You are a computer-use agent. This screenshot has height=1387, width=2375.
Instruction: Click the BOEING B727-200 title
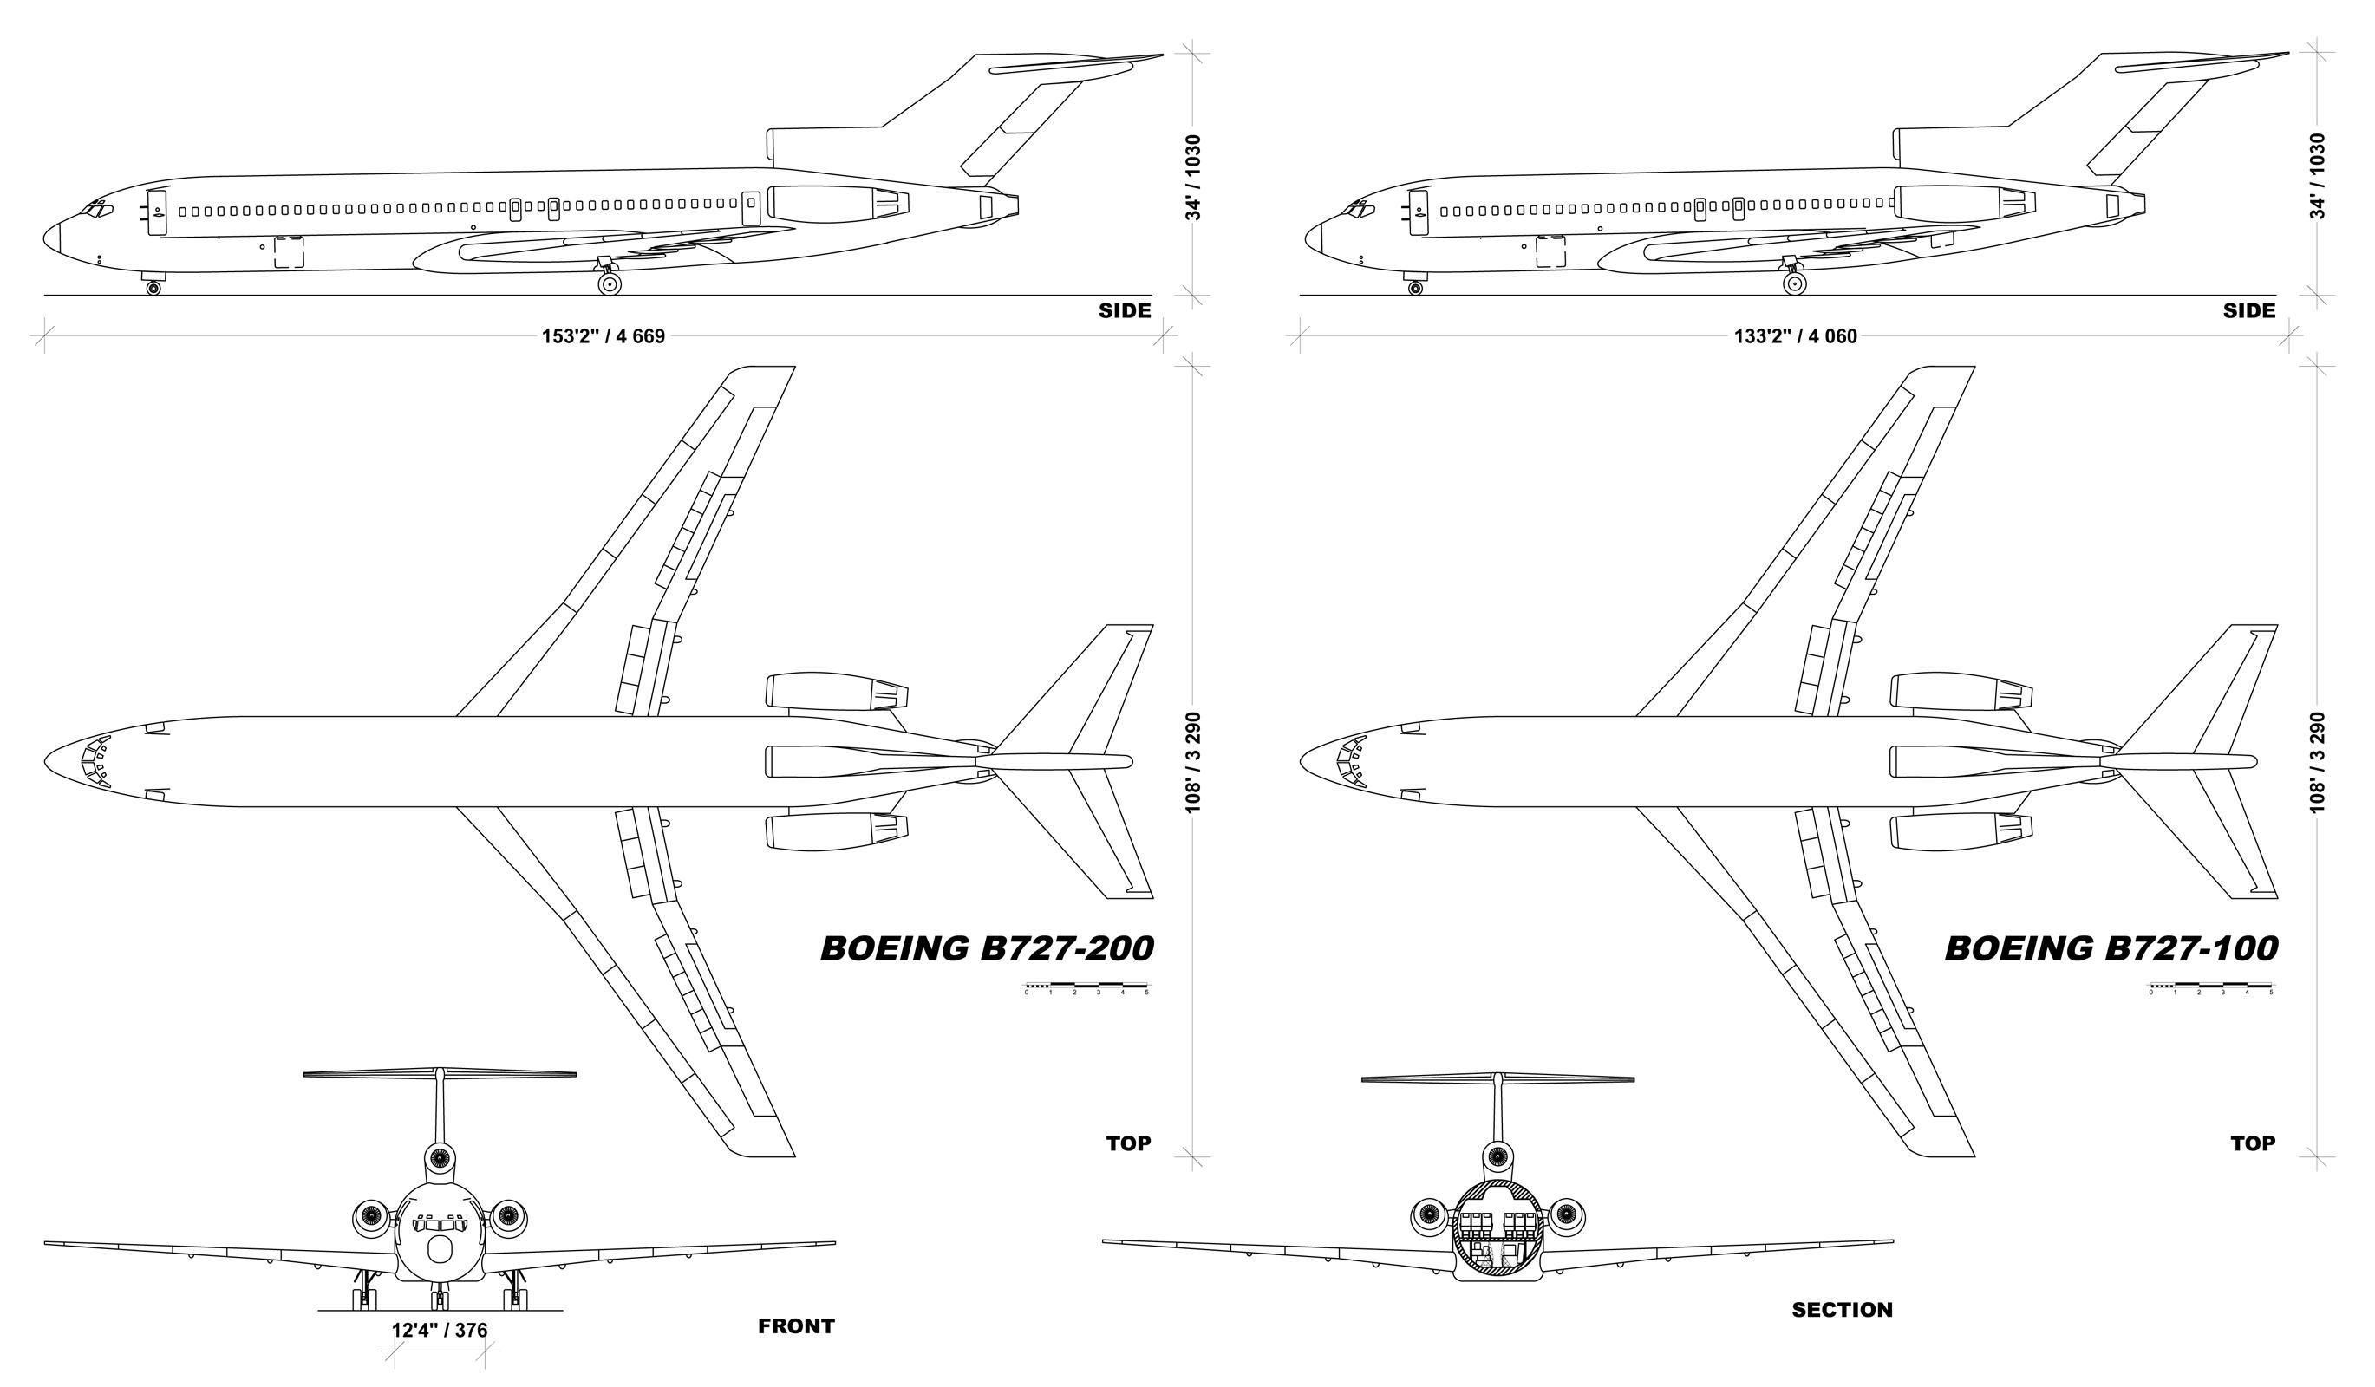(987, 947)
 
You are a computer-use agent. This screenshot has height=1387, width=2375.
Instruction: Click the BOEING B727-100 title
(2111, 947)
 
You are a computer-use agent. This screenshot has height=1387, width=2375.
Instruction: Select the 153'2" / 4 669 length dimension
(604, 336)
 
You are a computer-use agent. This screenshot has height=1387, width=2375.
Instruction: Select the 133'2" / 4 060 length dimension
(1796, 336)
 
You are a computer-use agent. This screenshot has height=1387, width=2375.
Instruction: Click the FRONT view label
(796, 1326)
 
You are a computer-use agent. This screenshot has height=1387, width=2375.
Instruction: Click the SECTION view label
(1843, 1310)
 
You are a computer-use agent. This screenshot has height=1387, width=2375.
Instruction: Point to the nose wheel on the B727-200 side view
(153, 288)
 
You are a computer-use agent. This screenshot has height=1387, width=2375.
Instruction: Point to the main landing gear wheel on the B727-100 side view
(1794, 283)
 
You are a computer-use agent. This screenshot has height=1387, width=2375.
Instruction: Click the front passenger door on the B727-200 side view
(156, 212)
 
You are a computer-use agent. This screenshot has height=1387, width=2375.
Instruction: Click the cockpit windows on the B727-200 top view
(95, 761)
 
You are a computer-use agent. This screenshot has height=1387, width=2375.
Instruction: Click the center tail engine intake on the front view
(439, 1157)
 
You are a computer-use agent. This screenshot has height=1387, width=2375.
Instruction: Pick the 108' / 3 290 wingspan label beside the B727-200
(1193, 761)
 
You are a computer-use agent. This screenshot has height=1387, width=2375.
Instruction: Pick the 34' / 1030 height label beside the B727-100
(2318, 176)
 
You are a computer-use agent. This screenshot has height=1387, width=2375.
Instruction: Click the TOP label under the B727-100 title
(2253, 1143)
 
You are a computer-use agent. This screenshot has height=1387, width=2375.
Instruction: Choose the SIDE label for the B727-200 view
(1125, 310)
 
